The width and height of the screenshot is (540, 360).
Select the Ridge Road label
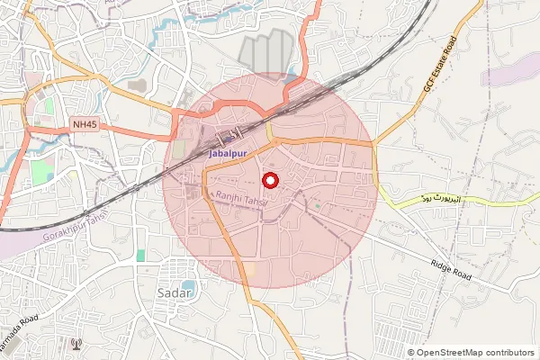coord(452,269)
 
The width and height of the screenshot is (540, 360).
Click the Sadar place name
coord(175,294)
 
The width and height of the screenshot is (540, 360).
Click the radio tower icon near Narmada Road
coord(76,344)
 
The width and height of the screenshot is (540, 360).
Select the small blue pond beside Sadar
coord(186,284)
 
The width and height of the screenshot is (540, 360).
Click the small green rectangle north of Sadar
coord(140,256)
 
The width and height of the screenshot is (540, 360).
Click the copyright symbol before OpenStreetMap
coord(410,352)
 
